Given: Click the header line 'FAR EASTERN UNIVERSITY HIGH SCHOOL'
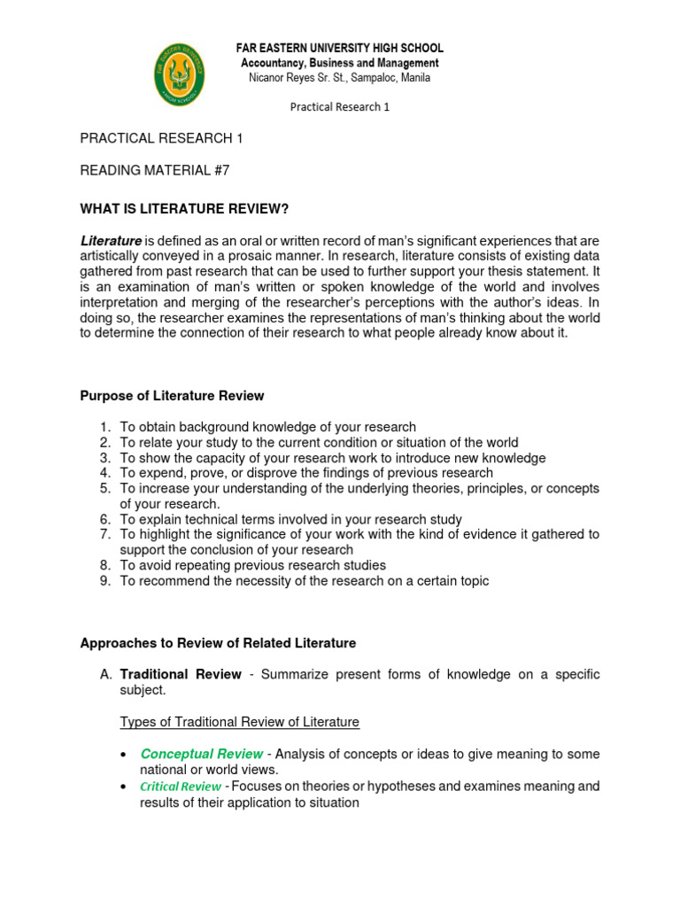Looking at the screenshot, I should pos(339,48).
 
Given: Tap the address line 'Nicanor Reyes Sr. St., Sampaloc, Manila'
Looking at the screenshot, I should pos(339,78).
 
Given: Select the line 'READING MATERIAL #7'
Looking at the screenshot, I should pos(155,171).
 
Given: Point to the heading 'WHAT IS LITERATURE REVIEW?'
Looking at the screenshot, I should pos(185,208).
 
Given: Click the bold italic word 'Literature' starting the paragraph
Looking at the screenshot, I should pos(111,241).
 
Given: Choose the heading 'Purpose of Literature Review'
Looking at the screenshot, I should pos(172,396).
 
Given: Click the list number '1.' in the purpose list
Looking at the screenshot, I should pos(104,427).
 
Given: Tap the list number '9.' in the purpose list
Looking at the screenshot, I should pos(104,581).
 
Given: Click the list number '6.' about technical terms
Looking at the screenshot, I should pos(104,519).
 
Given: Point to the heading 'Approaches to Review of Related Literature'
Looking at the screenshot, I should pos(218,643).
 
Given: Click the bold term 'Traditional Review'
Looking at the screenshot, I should pos(181,674).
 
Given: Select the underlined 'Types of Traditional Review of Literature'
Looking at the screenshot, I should pos(240,722).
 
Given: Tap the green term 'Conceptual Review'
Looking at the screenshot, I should pos(201,754).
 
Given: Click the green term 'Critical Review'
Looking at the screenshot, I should pos(180,787).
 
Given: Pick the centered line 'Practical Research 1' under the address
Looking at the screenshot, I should pos(340,107).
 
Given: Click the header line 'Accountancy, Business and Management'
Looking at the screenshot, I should pos(339,63).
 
